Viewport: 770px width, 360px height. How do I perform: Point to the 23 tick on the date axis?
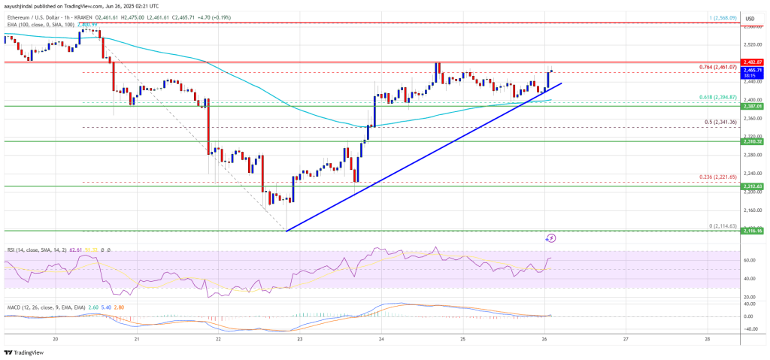[x=299, y=339]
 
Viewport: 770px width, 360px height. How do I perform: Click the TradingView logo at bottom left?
[x=23, y=352]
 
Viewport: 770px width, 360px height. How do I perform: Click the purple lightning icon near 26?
[x=550, y=238]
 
